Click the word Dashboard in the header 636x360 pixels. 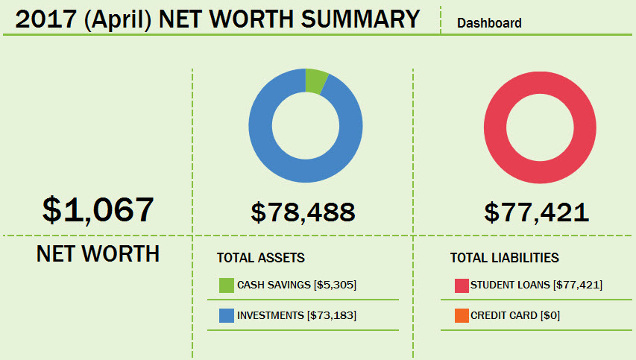(489, 23)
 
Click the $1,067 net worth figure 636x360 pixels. (98, 209)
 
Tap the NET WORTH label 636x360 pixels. (98, 254)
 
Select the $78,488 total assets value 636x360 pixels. (303, 212)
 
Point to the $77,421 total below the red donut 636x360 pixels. (536, 212)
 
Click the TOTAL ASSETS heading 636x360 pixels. (260, 258)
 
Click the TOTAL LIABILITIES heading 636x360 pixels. (504, 258)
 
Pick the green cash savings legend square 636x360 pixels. (227, 285)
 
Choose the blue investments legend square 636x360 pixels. (227, 315)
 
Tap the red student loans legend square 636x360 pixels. (461, 285)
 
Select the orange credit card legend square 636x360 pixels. (461, 315)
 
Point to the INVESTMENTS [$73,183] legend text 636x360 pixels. (297, 315)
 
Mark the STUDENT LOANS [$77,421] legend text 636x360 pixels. (536, 285)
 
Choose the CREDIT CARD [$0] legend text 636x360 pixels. (515, 315)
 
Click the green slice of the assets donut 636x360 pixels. (315, 80)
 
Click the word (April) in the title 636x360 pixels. (117, 19)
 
